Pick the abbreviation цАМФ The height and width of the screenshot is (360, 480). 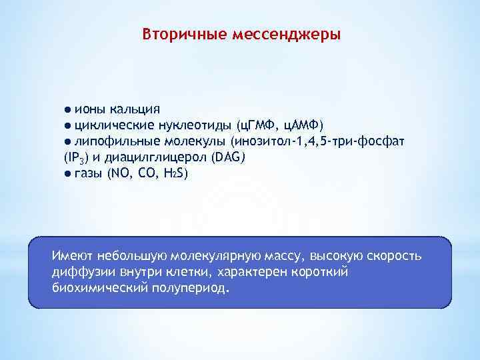tap(301, 125)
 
